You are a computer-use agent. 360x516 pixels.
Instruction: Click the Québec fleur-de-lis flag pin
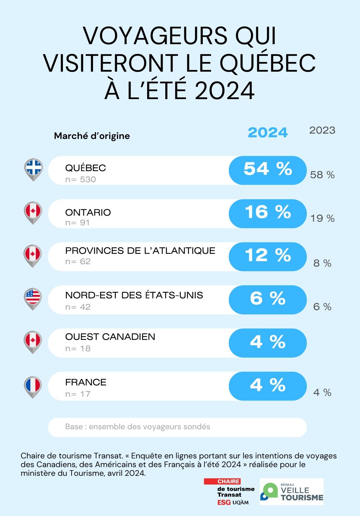(33, 169)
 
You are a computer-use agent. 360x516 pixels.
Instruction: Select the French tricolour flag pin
(33, 386)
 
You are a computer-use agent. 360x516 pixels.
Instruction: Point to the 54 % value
(268, 169)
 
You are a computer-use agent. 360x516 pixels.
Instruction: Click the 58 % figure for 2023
(322, 175)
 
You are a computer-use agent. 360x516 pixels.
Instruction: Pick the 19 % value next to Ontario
(322, 218)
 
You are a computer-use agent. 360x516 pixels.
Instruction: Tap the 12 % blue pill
(268, 256)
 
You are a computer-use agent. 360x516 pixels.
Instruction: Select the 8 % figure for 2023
(322, 263)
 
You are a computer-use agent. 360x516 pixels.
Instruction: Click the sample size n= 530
(81, 179)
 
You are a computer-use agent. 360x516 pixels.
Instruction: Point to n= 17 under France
(78, 394)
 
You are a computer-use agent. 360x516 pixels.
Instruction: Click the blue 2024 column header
(268, 133)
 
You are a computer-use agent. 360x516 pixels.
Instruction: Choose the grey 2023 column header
(322, 130)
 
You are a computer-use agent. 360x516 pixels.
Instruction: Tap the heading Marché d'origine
(92, 136)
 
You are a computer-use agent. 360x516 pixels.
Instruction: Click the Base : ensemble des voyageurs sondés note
(138, 427)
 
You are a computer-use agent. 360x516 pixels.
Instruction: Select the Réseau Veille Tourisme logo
(291, 492)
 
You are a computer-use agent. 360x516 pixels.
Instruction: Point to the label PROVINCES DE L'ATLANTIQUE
(140, 251)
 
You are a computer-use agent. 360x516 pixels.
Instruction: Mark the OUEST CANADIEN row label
(110, 337)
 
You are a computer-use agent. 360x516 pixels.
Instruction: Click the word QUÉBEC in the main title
(268, 64)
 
